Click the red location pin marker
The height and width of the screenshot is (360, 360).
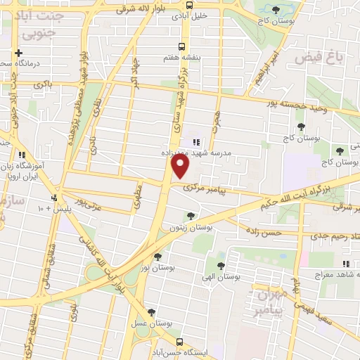(181, 166)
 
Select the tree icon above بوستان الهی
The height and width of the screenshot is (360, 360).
(221, 266)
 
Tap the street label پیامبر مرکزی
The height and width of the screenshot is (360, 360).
(203, 188)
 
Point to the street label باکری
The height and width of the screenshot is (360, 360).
(43, 84)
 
